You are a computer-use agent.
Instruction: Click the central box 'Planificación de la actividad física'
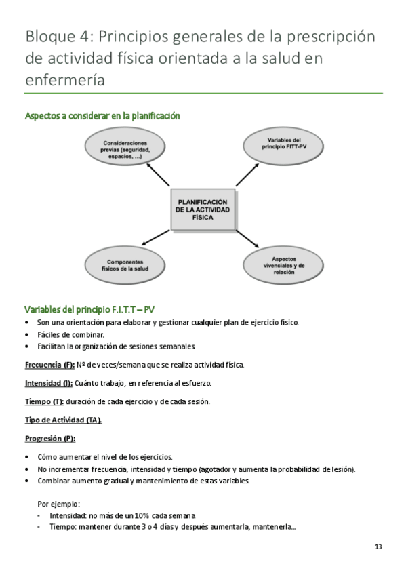click(x=203, y=210)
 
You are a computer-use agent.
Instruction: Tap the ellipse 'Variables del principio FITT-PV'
click(x=282, y=143)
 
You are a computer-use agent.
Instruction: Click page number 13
click(x=378, y=547)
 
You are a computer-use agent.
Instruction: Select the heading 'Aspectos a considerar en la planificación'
click(x=102, y=116)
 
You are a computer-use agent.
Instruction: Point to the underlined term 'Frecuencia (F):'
click(x=49, y=365)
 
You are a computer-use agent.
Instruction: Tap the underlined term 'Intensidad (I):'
click(x=49, y=383)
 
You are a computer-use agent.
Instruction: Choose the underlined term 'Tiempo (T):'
click(x=44, y=401)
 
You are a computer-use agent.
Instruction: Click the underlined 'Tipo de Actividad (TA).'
click(x=64, y=420)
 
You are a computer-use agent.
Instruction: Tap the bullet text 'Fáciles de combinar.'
click(x=70, y=334)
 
